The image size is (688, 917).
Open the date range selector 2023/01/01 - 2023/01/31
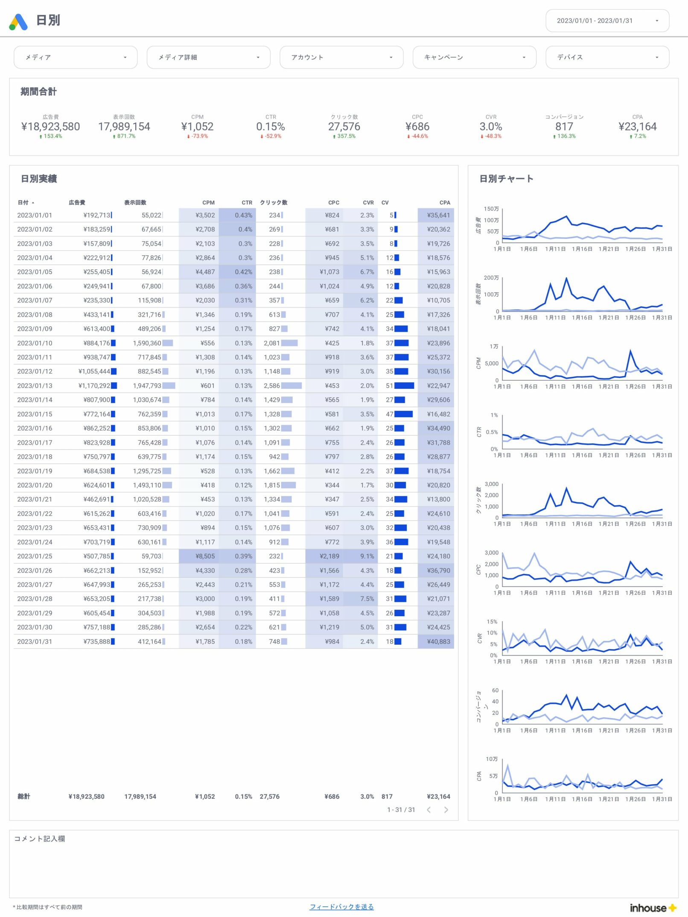click(606, 20)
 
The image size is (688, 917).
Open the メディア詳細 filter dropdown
click(208, 57)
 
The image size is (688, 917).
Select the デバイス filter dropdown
click(606, 57)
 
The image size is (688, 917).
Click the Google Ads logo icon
click(18, 22)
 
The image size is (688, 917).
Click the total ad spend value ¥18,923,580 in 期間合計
click(50, 127)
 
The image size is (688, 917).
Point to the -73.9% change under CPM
click(198, 137)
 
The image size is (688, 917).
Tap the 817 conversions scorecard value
click(564, 127)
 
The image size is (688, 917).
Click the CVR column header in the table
click(368, 203)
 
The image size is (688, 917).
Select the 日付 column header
click(23, 203)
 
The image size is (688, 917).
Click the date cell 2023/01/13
click(35, 386)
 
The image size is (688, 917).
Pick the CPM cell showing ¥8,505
click(205, 556)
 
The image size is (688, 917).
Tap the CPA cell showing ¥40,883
click(438, 642)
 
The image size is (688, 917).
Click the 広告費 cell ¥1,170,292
click(94, 386)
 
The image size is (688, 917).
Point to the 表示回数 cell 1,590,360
click(147, 343)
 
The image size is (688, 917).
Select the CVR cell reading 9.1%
click(367, 556)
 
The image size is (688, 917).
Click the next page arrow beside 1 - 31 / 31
click(446, 810)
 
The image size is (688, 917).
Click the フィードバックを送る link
click(341, 906)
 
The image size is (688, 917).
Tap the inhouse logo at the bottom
click(653, 908)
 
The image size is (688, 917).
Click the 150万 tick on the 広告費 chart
click(491, 209)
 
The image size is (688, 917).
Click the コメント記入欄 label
click(40, 839)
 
